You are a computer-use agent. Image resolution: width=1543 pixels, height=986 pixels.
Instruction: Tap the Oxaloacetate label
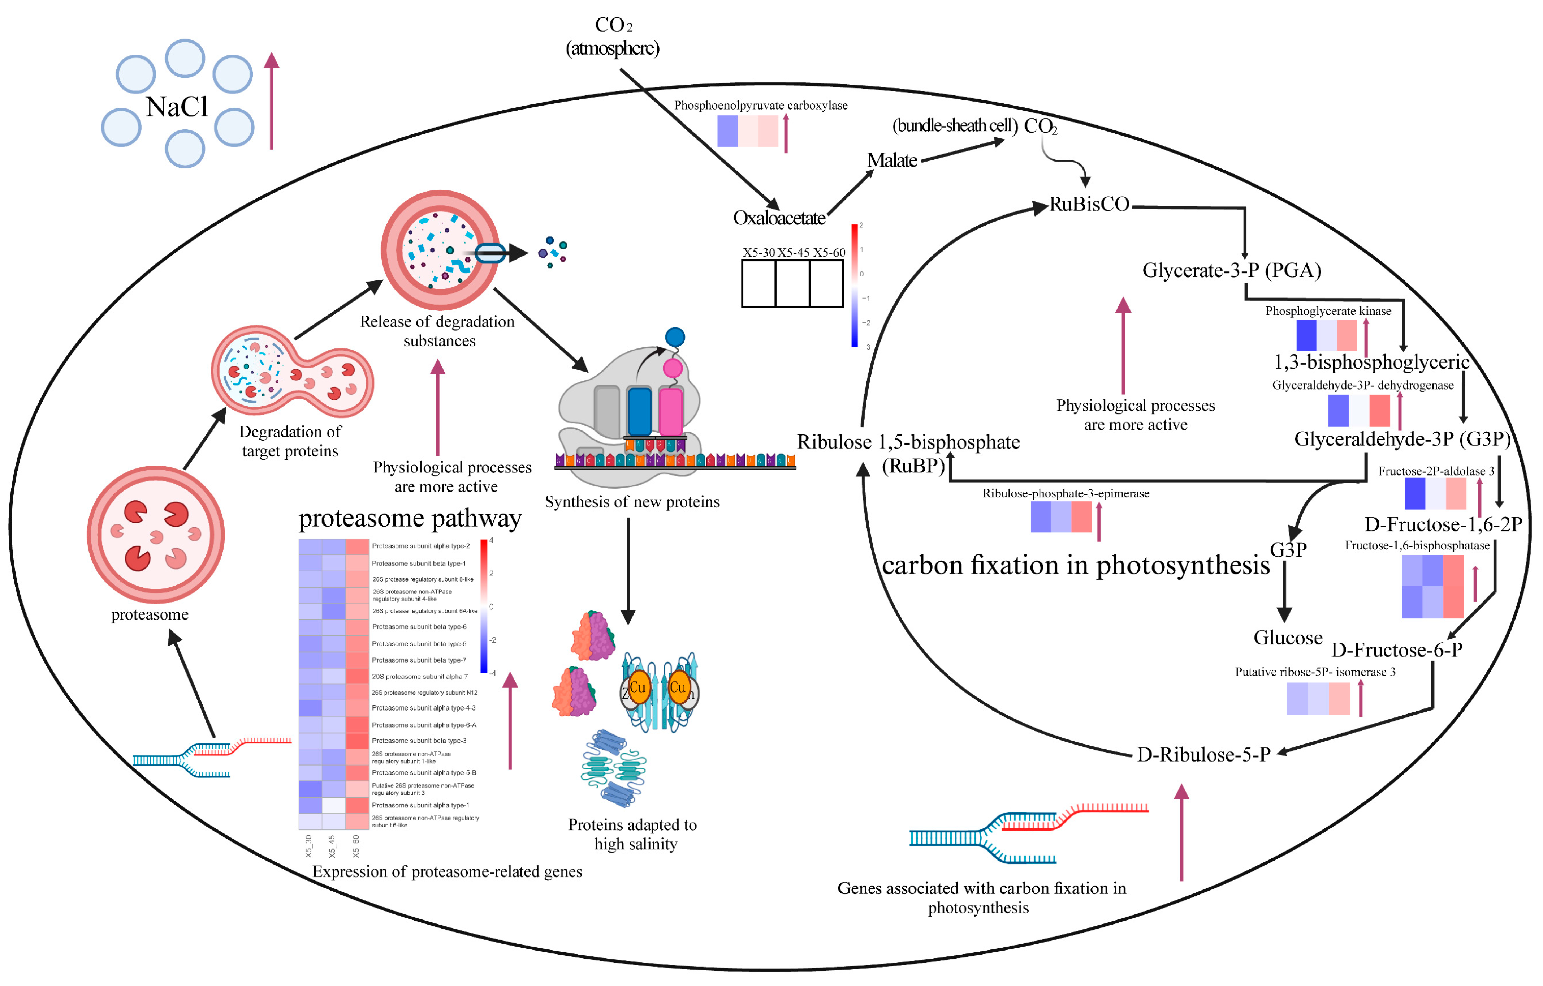(779, 219)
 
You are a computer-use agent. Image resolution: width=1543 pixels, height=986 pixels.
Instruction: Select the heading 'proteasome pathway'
(410, 518)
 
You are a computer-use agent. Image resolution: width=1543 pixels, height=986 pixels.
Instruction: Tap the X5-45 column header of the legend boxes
(793, 253)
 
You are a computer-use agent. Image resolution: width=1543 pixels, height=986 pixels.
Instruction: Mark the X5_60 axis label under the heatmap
(356, 846)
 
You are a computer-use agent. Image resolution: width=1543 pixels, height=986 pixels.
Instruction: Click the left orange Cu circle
(637, 687)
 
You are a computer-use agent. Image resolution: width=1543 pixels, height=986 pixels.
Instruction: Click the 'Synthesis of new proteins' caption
(632, 502)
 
